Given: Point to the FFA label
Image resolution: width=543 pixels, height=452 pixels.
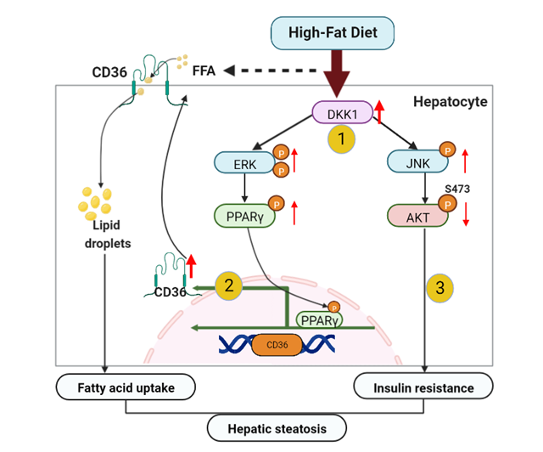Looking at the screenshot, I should click(204, 71).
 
